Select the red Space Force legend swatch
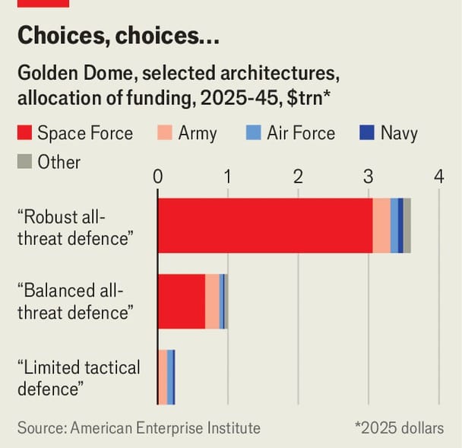[24, 134]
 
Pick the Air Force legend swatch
[255, 134]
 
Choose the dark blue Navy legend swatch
[368, 134]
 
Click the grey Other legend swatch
[24, 162]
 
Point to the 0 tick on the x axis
[158, 176]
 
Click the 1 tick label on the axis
[228, 176]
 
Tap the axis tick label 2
[298, 176]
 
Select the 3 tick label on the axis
[369, 176]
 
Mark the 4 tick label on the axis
[438, 176]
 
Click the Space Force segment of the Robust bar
[264, 225]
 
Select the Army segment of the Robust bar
[381, 225]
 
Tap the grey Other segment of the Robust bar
[407, 225]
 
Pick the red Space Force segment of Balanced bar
[182, 301]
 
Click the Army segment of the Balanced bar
[212, 301]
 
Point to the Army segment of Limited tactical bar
[163, 377]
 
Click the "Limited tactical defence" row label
[78, 378]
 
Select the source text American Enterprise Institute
[165, 428]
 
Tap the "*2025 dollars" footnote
[399, 428]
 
